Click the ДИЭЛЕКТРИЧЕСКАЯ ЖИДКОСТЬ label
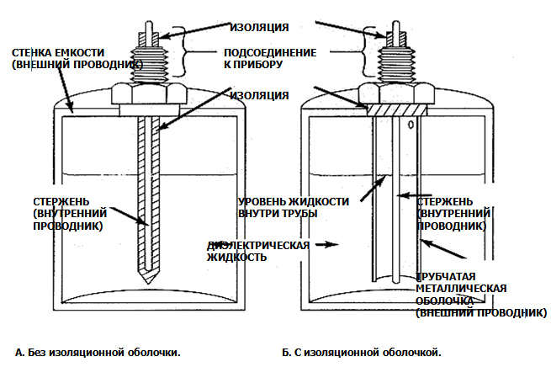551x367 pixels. click(x=257, y=251)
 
